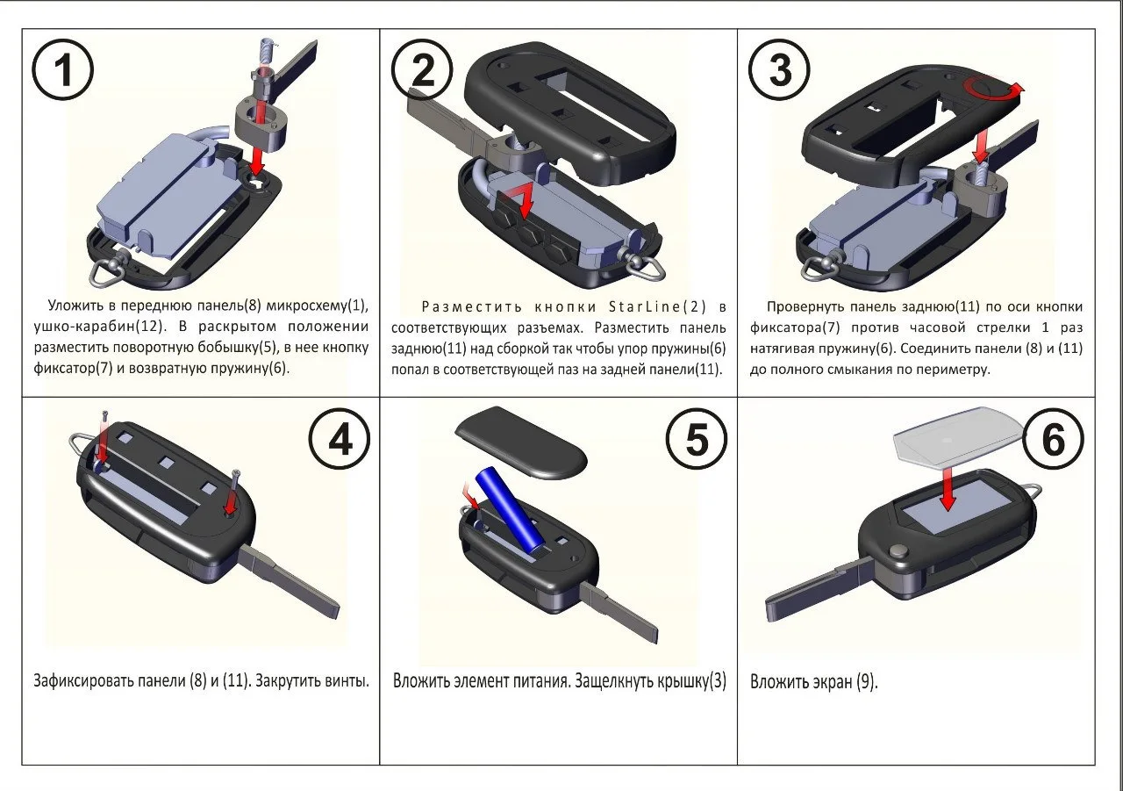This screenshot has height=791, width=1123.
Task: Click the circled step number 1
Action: [62, 70]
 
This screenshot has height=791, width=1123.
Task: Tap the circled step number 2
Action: [423, 70]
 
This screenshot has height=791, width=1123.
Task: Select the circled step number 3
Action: [779, 70]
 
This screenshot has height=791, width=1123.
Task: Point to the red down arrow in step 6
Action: [947, 487]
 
